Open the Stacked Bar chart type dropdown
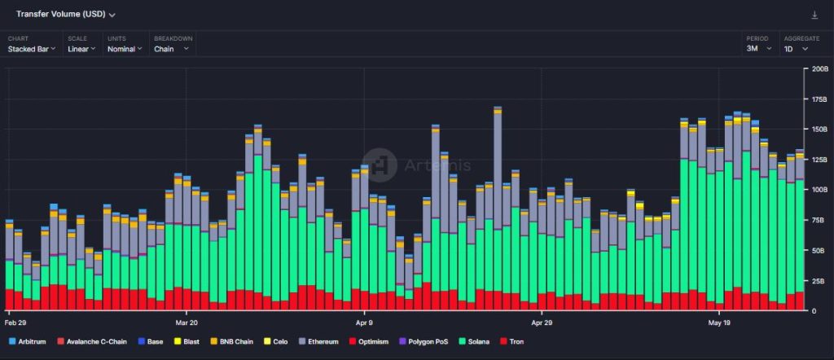(32, 49)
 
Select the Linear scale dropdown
(81, 49)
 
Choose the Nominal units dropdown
(125, 49)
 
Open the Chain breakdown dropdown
(171, 49)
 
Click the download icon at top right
(814, 15)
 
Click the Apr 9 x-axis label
(365, 323)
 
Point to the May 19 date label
(719, 323)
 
